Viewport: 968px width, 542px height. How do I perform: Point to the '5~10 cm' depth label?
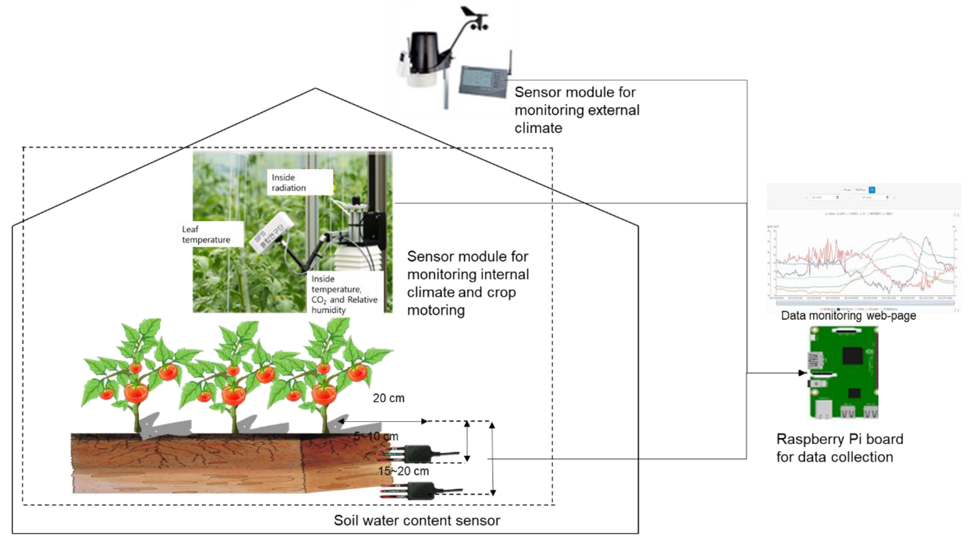coord(376,436)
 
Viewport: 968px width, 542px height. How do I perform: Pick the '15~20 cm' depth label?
coord(403,471)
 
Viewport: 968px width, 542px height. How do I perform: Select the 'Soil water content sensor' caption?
coord(417,521)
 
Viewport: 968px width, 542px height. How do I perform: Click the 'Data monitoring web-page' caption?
coord(848,316)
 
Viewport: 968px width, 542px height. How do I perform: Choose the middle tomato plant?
coord(233,376)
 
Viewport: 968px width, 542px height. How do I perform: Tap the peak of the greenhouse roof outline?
coord(315,89)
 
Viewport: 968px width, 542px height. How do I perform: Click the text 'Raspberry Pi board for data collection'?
coord(839,448)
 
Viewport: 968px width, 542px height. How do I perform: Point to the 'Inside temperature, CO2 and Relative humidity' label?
coord(344,294)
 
